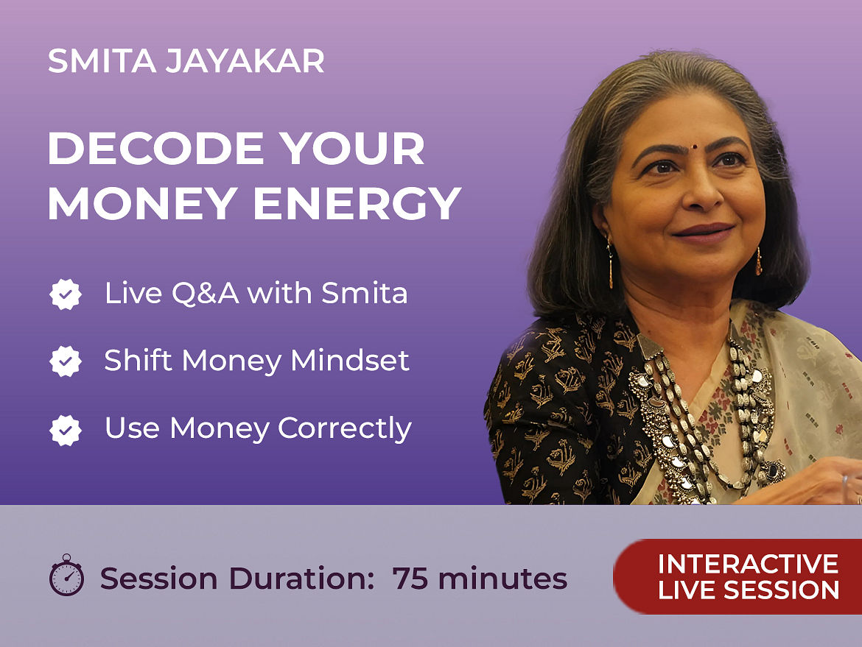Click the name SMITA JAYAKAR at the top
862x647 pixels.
186,61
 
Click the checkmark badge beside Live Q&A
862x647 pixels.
66,294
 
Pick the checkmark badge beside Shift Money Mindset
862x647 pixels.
66,361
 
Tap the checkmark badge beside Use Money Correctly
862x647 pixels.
66,429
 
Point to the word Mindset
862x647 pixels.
350,360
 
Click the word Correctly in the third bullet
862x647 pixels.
345,429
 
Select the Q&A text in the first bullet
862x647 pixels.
205,293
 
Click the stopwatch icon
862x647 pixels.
66,575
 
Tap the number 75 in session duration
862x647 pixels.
410,579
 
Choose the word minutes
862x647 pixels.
502,579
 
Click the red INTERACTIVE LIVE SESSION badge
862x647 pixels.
737,576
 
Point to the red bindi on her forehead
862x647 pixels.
695,146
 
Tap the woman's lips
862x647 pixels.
703,233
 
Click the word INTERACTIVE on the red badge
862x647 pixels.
749,564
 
